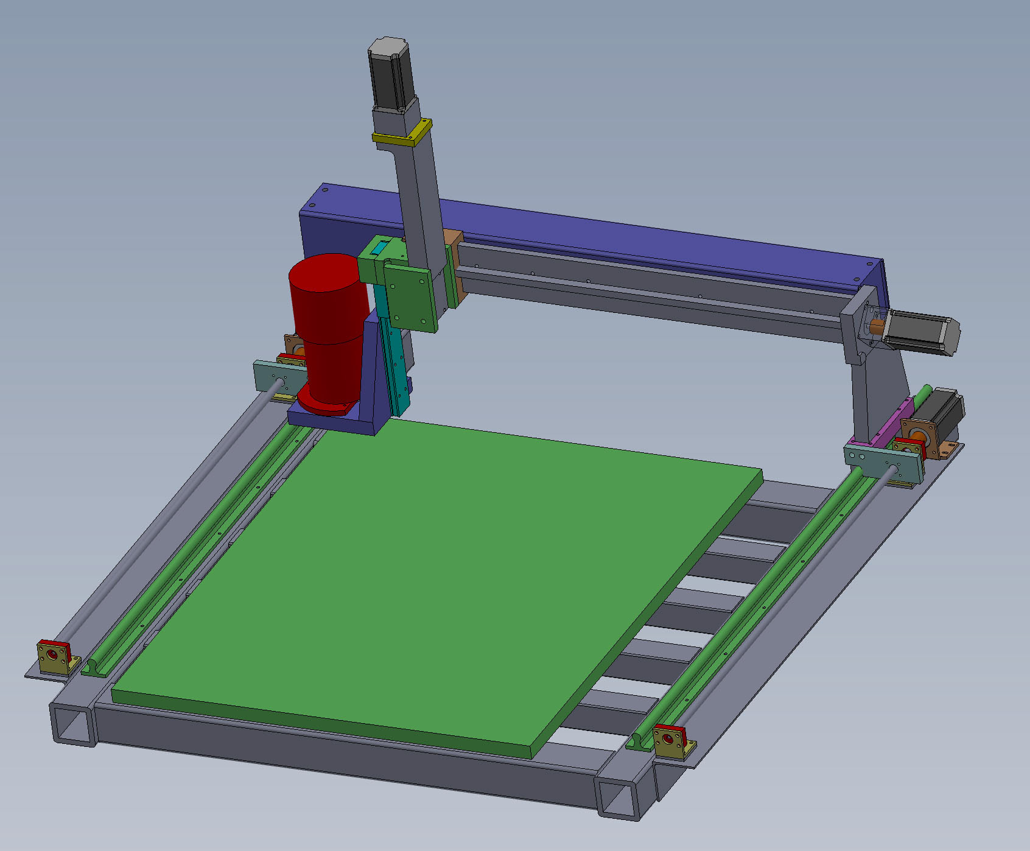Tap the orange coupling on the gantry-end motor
[877, 327]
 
